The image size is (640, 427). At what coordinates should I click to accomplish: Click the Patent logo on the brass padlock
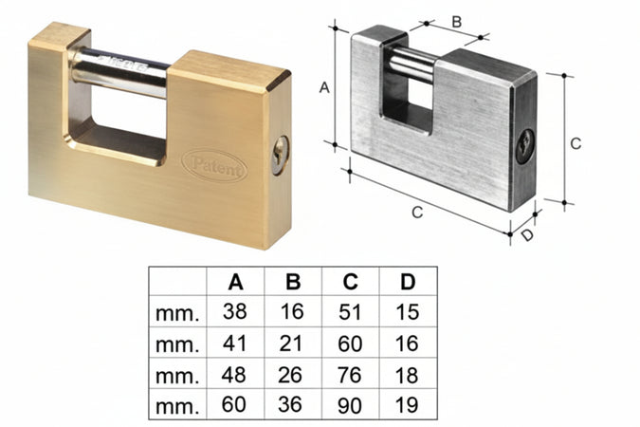click(213, 163)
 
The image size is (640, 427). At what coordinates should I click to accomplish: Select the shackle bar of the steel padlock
click(413, 65)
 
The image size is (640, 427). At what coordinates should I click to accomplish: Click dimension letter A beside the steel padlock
click(323, 87)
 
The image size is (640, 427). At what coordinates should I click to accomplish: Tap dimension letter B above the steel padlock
click(455, 20)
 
